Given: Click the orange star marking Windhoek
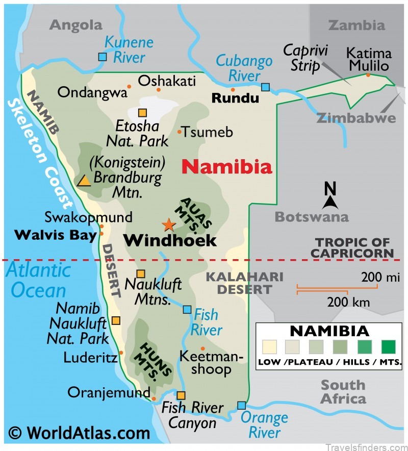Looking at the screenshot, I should click(168, 224).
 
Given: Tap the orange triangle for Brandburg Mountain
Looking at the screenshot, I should click(84, 181).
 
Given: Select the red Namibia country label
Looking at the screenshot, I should click(227, 166).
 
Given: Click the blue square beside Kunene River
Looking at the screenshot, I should click(103, 57).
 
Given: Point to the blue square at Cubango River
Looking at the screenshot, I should click(265, 87).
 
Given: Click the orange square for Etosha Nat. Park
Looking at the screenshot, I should click(142, 113).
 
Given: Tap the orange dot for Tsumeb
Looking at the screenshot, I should click(180, 132).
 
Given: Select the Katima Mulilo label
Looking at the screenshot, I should click(369, 59).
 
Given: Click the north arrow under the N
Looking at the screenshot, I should click(330, 203).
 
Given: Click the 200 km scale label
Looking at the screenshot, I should click(348, 302).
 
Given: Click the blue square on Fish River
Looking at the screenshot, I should click(187, 309).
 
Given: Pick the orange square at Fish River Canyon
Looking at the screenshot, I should click(181, 395).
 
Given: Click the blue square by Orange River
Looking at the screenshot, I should click(241, 406).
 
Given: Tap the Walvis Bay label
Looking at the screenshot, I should click(56, 235).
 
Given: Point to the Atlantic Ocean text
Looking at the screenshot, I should click(38, 280).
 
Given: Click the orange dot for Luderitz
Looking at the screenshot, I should click(121, 352).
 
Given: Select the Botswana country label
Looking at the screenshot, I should click(312, 216).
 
